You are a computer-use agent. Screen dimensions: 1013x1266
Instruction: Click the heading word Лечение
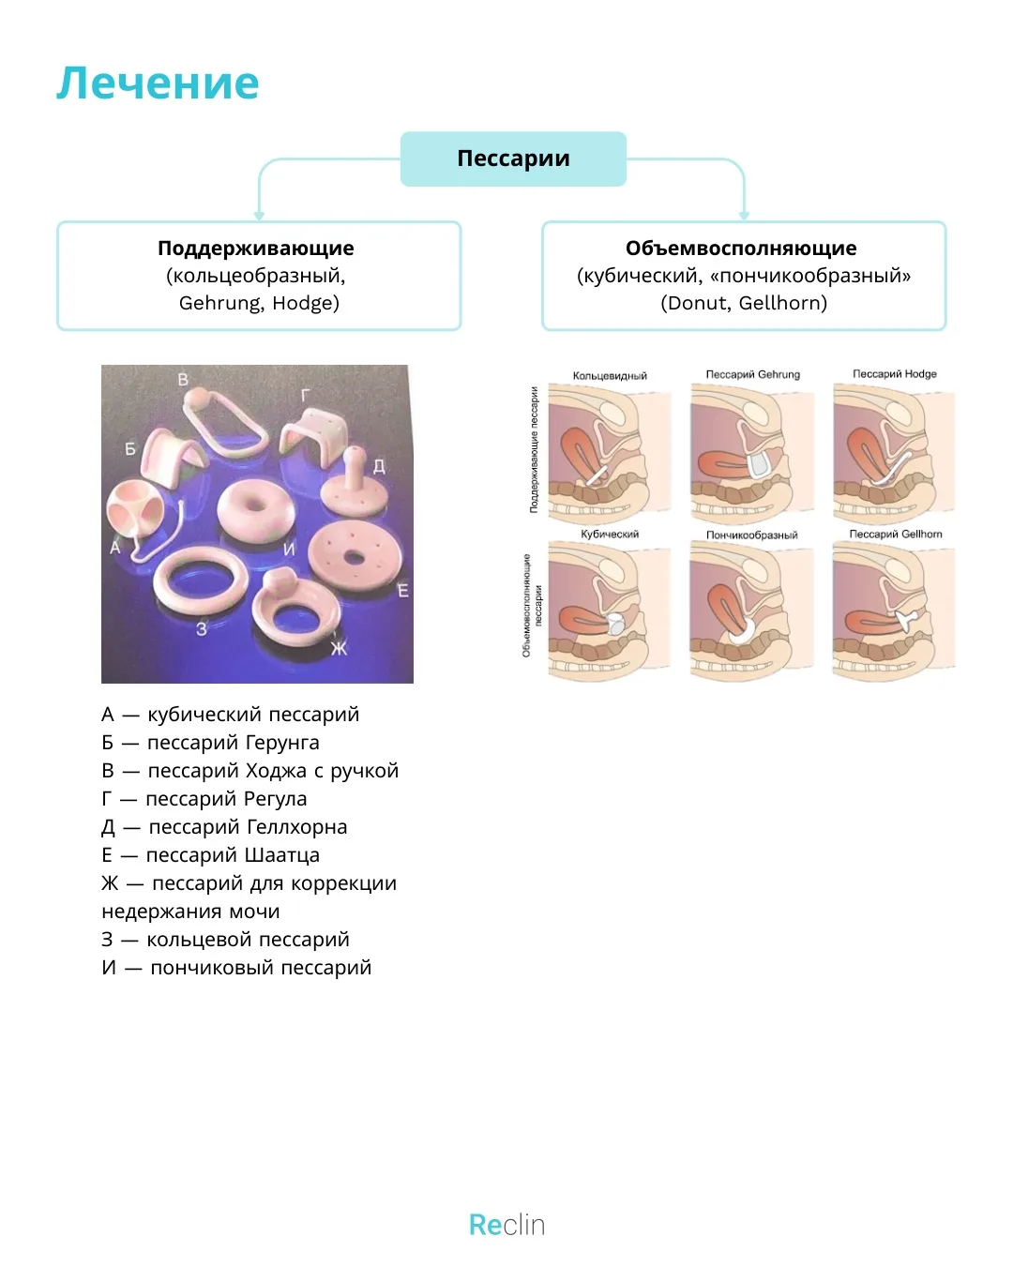point(158,83)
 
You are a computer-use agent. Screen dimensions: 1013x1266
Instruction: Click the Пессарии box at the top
point(513,158)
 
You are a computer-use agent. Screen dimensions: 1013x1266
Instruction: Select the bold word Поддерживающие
point(255,249)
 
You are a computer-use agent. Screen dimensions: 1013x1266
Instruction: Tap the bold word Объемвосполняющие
point(740,249)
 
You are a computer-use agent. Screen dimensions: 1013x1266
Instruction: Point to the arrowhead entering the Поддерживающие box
point(259,216)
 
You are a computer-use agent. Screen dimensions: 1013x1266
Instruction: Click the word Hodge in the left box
point(306,303)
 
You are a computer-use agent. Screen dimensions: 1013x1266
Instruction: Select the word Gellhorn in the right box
point(783,303)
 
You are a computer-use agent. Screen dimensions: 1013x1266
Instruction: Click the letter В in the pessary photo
point(183,380)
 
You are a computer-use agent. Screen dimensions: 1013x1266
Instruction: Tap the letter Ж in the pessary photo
point(339,648)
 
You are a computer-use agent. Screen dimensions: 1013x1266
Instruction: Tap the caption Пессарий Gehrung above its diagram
point(753,375)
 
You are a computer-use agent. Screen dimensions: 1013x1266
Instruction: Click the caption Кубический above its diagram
point(610,535)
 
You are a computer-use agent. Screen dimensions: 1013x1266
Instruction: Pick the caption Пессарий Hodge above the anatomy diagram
point(894,374)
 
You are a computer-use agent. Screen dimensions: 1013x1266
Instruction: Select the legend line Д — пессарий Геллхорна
point(224,826)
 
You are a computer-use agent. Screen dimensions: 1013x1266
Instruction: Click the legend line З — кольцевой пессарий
point(225,939)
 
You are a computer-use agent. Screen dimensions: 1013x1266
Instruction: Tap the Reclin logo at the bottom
point(506,1225)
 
